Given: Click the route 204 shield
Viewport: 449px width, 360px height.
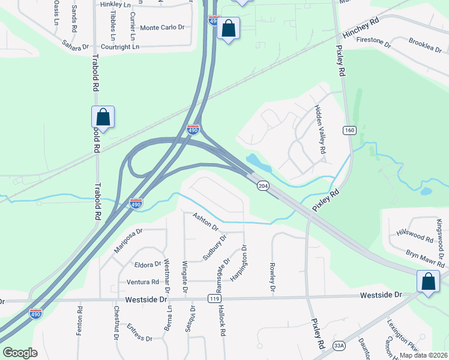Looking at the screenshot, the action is tap(262, 186).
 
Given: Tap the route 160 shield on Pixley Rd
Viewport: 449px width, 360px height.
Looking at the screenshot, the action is tap(349, 130).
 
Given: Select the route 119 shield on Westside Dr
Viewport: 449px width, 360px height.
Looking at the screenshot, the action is tap(214, 298).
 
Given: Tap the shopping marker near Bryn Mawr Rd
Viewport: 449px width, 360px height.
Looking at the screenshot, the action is tap(429, 282).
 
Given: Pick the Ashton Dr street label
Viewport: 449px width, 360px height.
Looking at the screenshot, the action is tap(205, 221).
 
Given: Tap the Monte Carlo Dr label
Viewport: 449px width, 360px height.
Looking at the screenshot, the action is tap(162, 28).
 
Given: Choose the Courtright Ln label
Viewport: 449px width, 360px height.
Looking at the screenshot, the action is tap(119, 46).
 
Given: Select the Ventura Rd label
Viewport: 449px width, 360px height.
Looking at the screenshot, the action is tap(142, 282).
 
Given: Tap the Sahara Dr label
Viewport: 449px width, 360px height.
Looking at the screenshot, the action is tap(75, 45).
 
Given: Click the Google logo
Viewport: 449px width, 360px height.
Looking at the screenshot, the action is tap(20, 353).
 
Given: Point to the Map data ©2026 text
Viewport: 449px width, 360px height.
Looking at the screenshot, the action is tap(423, 355).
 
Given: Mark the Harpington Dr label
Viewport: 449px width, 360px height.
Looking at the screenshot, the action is tap(238, 264).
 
